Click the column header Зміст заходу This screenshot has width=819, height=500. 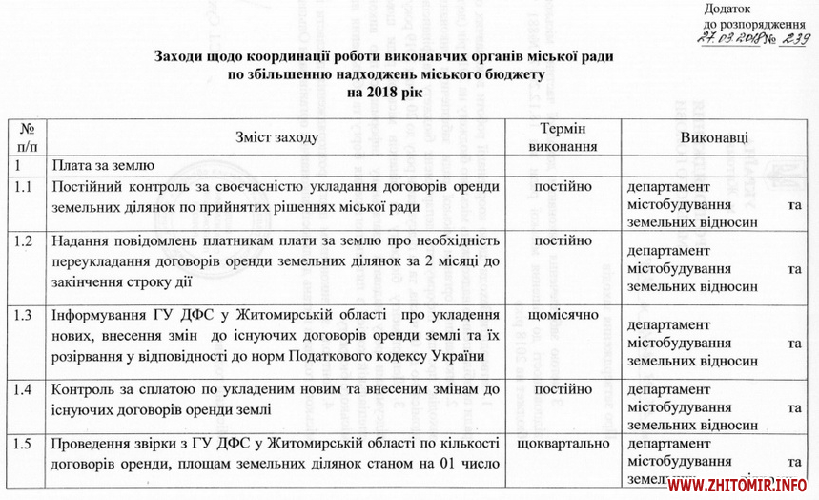pos(277,137)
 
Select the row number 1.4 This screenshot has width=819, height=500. pos(25,390)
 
